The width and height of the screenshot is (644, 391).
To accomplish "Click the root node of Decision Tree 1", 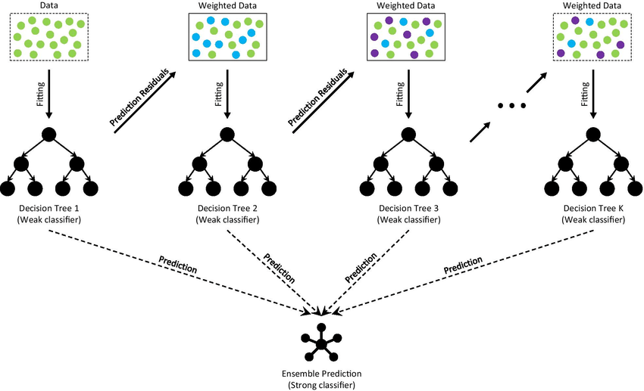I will click(49, 135).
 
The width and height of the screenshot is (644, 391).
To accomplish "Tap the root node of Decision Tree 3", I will click(408, 135).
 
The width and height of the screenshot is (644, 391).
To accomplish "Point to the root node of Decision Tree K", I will click(593, 135).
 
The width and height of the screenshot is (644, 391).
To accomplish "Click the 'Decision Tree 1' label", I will click(49, 208).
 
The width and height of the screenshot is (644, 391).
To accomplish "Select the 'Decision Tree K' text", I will click(593, 208).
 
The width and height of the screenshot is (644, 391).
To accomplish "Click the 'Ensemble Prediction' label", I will click(320, 374).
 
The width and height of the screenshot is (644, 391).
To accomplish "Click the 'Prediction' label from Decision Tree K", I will click(463, 265).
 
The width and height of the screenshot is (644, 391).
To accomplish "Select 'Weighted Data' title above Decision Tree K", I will click(592, 6).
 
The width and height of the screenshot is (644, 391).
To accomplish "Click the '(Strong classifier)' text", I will click(320, 386).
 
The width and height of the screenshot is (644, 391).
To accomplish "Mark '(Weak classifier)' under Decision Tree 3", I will click(408, 219).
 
